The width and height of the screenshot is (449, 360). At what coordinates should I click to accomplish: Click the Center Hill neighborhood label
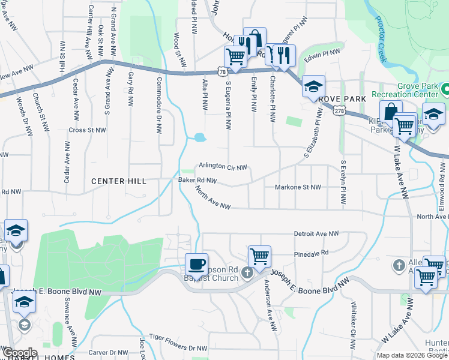119,181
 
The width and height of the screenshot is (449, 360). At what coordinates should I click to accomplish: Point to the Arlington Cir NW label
223,167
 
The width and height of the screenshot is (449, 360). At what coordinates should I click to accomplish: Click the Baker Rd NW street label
197,179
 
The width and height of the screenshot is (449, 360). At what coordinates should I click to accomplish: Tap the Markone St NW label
298,187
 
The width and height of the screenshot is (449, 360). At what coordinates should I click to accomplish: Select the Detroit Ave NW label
316,233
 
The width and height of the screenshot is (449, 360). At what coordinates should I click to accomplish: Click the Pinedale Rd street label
312,253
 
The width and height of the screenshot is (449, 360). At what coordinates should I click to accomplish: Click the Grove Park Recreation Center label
405,90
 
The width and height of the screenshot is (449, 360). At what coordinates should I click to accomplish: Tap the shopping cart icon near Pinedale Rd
259,256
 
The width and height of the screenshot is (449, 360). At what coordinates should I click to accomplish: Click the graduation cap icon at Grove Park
313,86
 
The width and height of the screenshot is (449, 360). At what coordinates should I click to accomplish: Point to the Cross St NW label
88,129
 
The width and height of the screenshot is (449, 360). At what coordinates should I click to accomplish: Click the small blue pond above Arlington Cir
199,138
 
